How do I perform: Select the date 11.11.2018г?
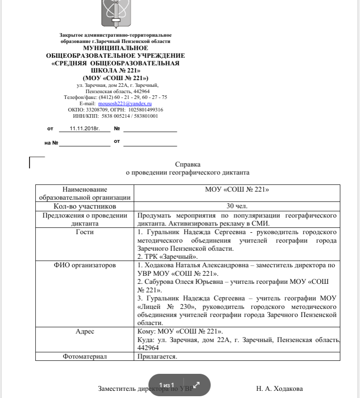(84, 128)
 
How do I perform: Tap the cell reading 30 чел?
(237, 206)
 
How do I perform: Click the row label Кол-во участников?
(85, 206)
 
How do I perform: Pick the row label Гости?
(85, 232)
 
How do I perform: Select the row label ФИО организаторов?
(85, 265)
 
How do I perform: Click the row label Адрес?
(85, 331)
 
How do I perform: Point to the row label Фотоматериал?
(85, 357)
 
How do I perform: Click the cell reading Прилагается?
(157, 357)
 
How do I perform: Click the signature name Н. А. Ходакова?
(279, 389)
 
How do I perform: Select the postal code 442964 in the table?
(148, 348)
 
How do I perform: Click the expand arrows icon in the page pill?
(196, 385)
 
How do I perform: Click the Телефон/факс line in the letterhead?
(116, 97)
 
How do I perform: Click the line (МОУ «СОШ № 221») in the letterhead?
(116, 78)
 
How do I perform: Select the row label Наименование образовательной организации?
(85, 193)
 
